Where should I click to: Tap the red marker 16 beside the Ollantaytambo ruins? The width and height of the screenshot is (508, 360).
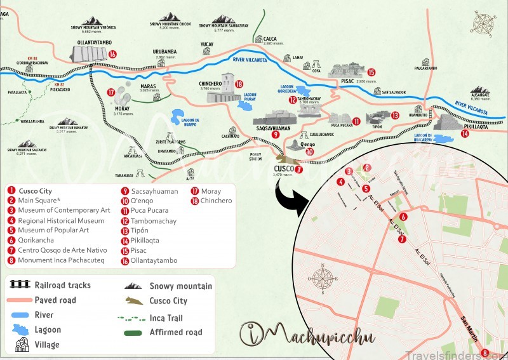112,55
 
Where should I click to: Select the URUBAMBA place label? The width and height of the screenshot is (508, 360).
164,51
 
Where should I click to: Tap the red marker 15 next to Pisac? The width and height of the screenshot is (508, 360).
371,72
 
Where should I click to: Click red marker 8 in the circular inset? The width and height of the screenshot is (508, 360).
485,353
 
